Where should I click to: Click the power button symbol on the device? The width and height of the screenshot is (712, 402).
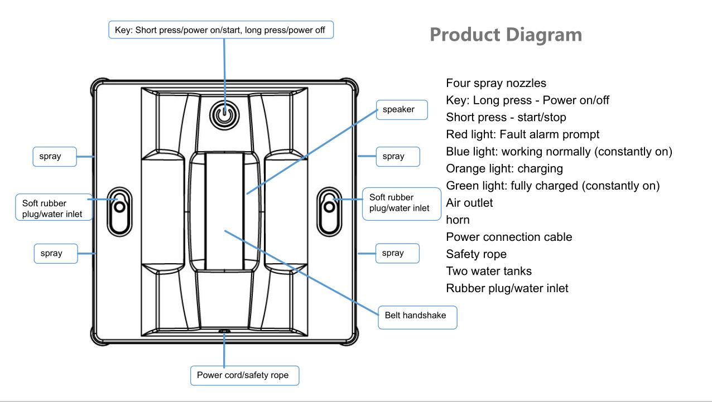[224, 115]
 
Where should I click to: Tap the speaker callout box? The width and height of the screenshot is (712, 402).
[402, 110]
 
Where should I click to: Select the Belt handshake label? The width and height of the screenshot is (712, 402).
[417, 317]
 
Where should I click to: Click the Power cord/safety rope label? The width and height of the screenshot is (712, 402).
[244, 375]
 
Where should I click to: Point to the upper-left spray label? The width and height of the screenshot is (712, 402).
[55, 157]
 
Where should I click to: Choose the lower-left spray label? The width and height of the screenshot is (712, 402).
[56, 253]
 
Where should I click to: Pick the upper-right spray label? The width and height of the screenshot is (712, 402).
[398, 157]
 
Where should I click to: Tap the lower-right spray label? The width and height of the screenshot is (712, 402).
[397, 253]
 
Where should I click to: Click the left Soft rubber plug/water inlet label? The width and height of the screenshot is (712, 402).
[54, 207]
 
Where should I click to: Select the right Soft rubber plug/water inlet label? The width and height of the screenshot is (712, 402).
[401, 204]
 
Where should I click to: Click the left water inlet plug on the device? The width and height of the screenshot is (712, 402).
[119, 211]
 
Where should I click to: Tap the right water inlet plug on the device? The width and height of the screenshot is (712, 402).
[329, 211]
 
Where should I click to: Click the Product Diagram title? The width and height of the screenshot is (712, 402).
[506, 35]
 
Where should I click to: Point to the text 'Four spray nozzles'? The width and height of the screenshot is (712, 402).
[496, 83]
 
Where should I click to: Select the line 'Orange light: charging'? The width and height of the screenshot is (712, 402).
[504, 168]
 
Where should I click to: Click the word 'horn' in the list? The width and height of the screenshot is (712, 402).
[458, 220]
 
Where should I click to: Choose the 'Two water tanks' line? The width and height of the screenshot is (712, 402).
[489, 271]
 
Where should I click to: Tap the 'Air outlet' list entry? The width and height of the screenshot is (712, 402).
[469, 202]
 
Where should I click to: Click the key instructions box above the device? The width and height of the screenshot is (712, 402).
[221, 30]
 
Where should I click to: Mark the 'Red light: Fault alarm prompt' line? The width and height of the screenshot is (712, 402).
[522, 134]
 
